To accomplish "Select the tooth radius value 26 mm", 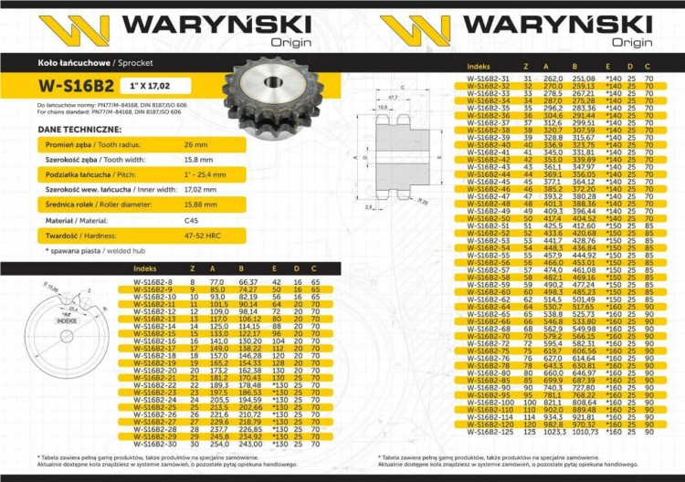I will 196,145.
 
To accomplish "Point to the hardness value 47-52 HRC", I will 201,235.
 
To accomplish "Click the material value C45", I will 190,220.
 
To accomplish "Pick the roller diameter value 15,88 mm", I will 201,204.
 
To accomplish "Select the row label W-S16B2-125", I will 490,432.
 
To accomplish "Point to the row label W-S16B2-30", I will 156,444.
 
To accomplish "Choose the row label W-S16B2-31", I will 489,79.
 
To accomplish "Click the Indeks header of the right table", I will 479,67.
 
